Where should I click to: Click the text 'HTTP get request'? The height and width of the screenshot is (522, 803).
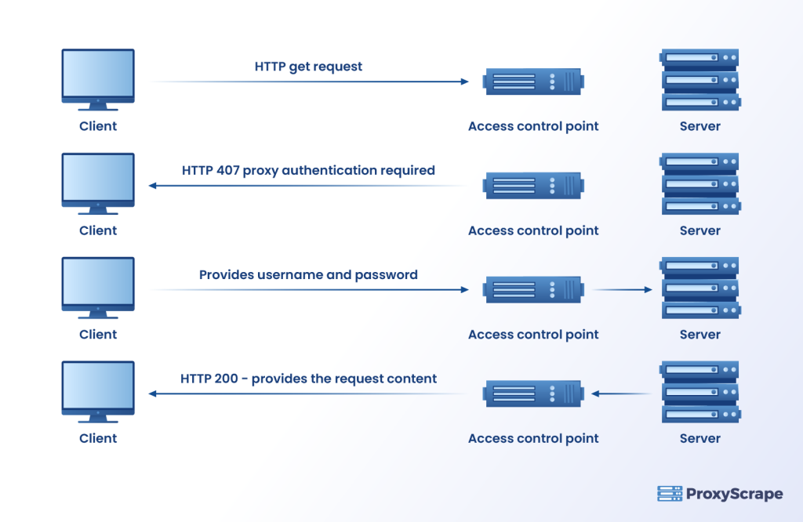(x=308, y=67)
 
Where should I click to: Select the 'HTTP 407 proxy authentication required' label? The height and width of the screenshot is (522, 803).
(x=308, y=170)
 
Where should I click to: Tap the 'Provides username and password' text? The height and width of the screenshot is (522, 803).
(x=308, y=275)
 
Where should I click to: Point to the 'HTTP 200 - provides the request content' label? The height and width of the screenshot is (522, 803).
(x=308, y=379)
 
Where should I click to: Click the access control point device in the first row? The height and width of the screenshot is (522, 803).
(x=533, y=82)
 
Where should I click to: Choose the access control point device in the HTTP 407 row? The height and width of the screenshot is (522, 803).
(x=533, y=186)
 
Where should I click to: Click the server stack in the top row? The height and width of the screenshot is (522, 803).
(x=699, y=80)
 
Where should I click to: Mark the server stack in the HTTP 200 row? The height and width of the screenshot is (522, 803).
(x=699, y=392)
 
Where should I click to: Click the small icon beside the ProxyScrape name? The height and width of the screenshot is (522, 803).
(x=669, y=494)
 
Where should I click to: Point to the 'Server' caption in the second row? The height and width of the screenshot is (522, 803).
(x=699, y=230)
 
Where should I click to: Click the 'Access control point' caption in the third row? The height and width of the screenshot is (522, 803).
(x=533, y=335)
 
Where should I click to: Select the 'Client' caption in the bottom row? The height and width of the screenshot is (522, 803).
(x=98, y=439)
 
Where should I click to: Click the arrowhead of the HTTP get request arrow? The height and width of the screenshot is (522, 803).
(x=464, y=82)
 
